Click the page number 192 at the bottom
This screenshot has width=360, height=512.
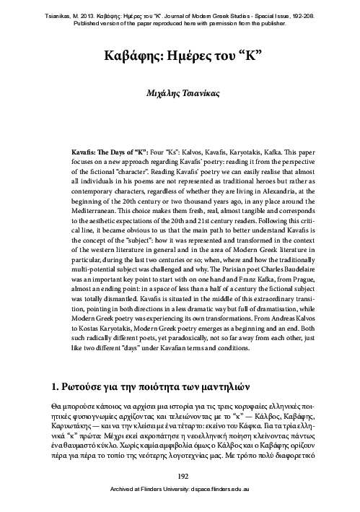180,476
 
